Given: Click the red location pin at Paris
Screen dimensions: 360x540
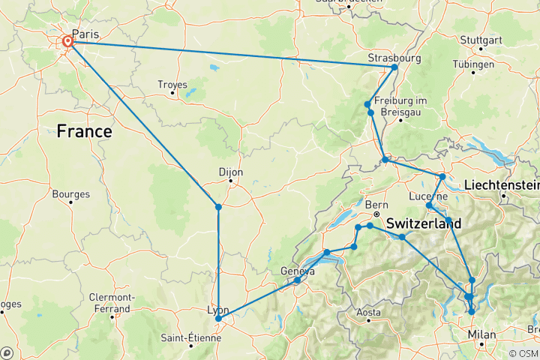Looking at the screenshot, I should pos(68,41).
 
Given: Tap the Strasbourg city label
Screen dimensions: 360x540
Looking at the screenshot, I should pos(394,58).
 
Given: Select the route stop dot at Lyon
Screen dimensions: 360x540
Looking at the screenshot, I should pos(218,319).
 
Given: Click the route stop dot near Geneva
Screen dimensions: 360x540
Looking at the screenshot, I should pos(298,280).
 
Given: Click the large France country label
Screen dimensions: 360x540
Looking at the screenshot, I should pos(85,132).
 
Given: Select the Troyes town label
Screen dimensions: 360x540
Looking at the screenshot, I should pos(172,85).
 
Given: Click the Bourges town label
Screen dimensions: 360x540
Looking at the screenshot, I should pos(70,193).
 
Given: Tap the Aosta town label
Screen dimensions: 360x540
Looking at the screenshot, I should pos(368,311).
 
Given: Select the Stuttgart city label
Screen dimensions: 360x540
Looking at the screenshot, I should pos(479,40).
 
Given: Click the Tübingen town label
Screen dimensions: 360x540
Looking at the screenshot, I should pos(478,64).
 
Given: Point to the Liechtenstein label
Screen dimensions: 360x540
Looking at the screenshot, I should pos(501,184).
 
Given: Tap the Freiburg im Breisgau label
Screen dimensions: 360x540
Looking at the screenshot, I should pos(400,106).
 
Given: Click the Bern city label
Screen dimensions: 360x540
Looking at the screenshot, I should pos(375,204).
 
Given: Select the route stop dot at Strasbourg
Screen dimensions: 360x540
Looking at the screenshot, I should pos(394,67).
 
